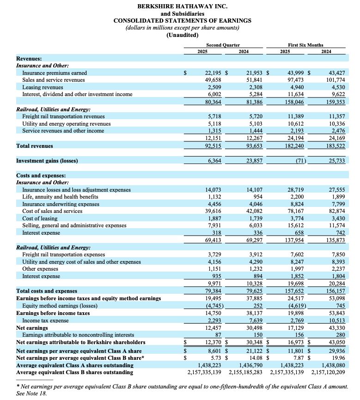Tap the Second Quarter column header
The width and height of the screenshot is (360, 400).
pos(223,45)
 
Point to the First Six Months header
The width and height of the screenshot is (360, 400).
pos(305,45)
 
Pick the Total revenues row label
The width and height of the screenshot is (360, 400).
pos(35,146)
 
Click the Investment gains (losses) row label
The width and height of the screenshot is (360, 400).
pos(47,161)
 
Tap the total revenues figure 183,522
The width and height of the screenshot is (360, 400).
pos(336,146)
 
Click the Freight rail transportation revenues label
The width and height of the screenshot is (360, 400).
pos(63,116)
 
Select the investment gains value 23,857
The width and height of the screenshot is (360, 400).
pos(253,161)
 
